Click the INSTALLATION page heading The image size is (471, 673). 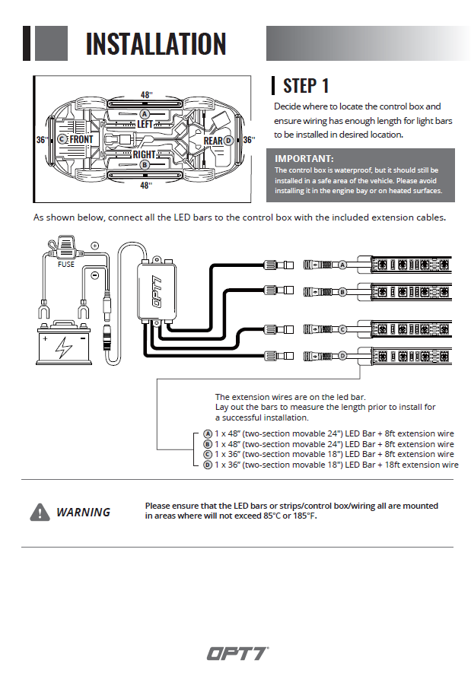[155, 43]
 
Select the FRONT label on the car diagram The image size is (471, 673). [81, 140]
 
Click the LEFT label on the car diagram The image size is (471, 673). [145, 124]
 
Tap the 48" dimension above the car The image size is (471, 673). [146, 95]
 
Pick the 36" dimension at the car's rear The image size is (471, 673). [248, 140]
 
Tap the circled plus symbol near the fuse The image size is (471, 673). [95, 246]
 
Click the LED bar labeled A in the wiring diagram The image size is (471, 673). [411, 265]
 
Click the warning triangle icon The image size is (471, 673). [40, 513]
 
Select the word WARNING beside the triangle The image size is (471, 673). [83, 513]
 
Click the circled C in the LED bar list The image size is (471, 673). [208, 455]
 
